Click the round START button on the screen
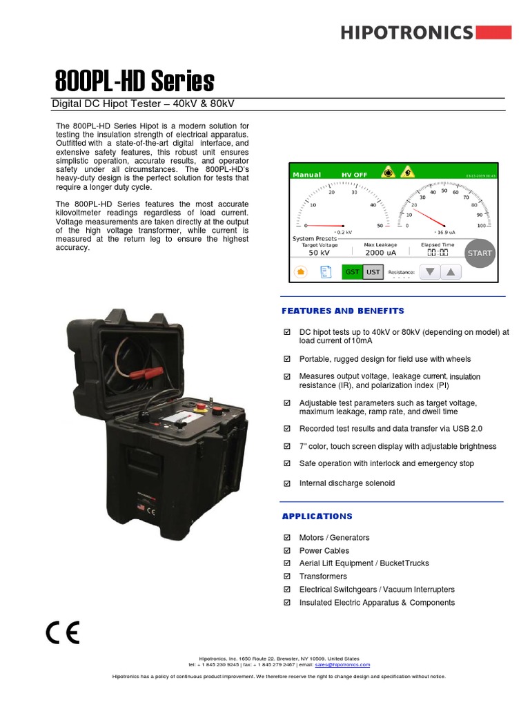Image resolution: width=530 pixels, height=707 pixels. tap(479, 253)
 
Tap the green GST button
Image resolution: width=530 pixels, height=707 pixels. tap(353, 272)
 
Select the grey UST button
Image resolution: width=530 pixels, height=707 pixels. tap(373, 272)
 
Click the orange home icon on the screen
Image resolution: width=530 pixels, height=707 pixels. tap(301, 272)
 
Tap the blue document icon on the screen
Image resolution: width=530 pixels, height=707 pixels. tap(325, 272)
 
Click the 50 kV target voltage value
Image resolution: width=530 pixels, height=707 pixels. tap(319, 253)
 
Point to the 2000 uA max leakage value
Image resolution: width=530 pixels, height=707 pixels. tap(380, 253)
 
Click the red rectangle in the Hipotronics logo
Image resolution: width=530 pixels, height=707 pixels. tap(494, 32)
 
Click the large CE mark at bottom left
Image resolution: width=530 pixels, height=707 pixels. tap(63, 632)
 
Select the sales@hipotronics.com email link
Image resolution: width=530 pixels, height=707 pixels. tap(342, 664)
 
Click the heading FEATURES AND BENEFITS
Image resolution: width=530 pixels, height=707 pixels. tap(343, 311)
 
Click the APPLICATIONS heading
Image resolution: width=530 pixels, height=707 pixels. tap(317, 516)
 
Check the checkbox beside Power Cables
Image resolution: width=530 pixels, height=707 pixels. tap(287, 551)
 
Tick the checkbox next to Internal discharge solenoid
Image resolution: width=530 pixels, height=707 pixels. tap(287, 483)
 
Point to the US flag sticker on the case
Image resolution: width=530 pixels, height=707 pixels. tap(141, 507)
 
